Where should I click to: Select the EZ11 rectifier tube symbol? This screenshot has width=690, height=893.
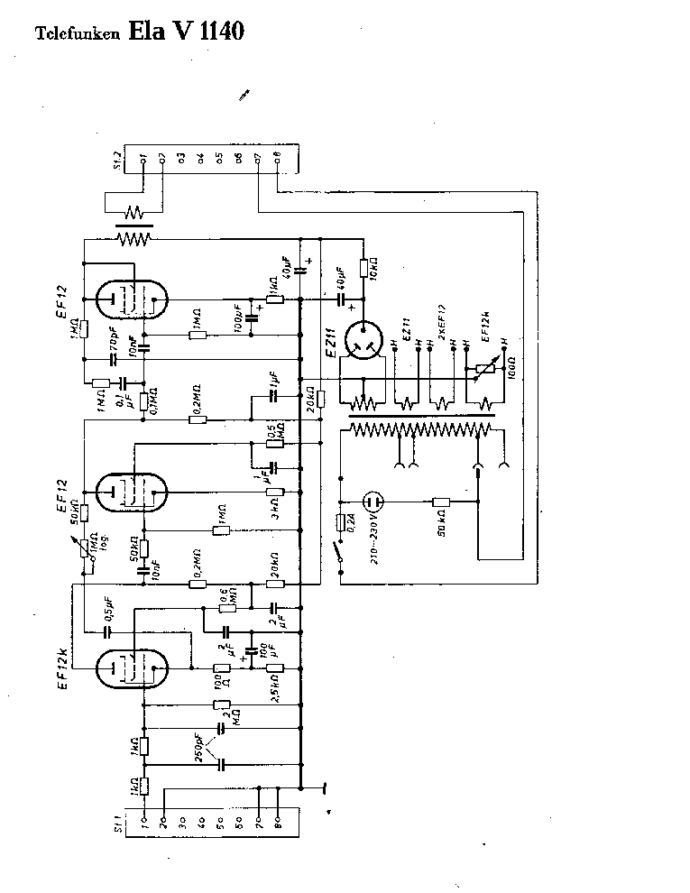[365, 343]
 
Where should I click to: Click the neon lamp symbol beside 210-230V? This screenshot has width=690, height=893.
[373, 502]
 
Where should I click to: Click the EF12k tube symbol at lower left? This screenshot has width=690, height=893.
[133, 668]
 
